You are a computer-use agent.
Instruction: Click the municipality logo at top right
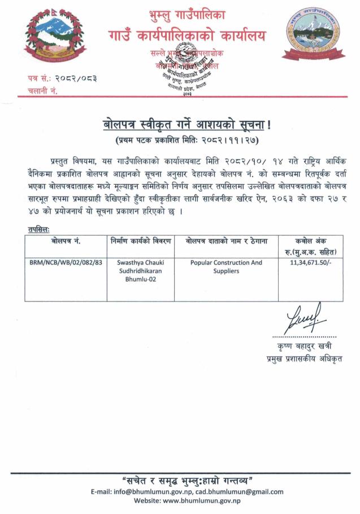309,37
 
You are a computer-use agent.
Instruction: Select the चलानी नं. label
42,91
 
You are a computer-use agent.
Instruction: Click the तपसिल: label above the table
38,229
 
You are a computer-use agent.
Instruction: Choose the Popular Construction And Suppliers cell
226,267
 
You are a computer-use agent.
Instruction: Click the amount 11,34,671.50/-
310,263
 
